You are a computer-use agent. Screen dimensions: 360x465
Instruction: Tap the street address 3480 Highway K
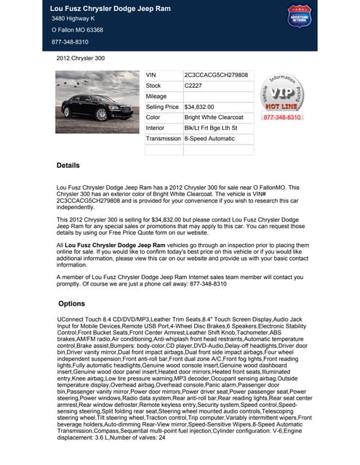[x=73, y=18]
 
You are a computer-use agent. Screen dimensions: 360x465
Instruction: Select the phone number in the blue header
[x=70, y=42]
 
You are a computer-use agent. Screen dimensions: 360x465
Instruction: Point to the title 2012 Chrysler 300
[x=81, y=58]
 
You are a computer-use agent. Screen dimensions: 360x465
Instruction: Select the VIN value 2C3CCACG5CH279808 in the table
[x=216, y=75]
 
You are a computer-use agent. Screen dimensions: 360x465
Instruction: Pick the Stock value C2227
[x=193, y=86]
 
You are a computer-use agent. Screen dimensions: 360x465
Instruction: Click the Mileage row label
[x=156, y=96]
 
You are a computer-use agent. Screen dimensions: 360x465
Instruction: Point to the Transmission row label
[x=164, y=138]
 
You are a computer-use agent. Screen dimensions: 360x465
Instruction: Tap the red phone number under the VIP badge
[x=281, y=117]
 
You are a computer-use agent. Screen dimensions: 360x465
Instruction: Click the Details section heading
[x=68, y=166]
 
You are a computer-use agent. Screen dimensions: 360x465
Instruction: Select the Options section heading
[x=72, y=303]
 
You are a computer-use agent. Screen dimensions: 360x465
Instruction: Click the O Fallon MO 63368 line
[x=77, y=31]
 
